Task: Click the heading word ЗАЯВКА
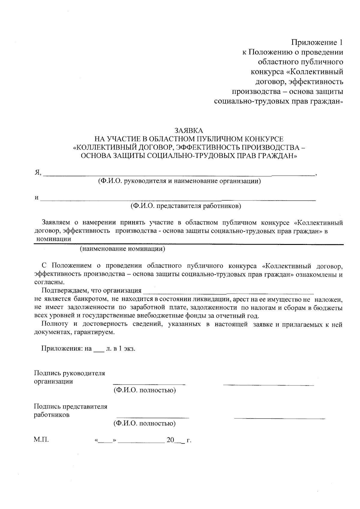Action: coord(189,131)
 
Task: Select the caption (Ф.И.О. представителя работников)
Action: coord(185,206)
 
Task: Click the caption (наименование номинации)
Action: coord(122,249)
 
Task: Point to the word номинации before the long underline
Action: coord(54,239)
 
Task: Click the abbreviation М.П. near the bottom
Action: coord(41,440)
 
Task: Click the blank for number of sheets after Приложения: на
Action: coord(98,349)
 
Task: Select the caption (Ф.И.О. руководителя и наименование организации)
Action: coord(179,181)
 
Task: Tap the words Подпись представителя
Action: coord(70,407)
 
